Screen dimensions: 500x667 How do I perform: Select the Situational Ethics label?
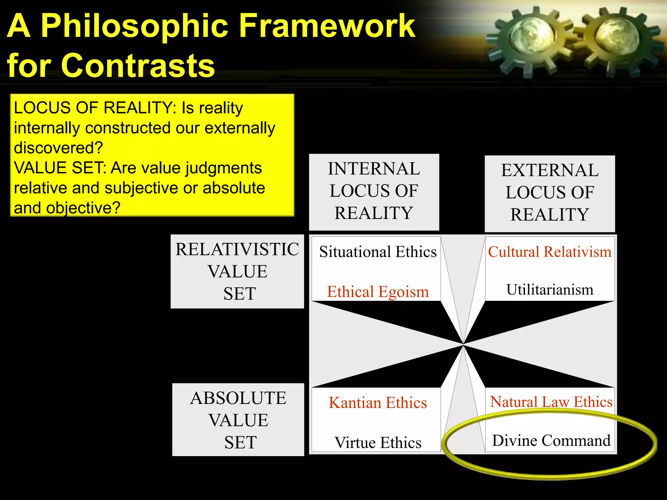(x=378, y=252)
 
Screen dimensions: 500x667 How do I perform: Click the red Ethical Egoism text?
(x=378, y=292)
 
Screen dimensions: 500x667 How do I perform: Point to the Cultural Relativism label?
(x=550, y=252)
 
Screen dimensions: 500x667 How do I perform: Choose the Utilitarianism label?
(x=550, y=289)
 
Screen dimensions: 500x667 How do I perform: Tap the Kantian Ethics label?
(x=378, y=403)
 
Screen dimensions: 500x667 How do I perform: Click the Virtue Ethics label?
(x=378, y=443)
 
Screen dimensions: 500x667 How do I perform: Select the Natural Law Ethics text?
(x=551, y=402)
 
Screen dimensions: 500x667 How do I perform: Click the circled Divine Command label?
(x=551, y=440)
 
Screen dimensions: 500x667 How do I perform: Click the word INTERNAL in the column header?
(x=374, y=169)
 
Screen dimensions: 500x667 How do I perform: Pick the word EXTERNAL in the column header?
(x=550, y=170)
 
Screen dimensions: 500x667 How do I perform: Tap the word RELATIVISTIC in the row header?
(x=237, y=249)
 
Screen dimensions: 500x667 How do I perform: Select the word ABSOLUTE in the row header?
(x=238, y=398)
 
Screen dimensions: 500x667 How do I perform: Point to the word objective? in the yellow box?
(x=83, y=208)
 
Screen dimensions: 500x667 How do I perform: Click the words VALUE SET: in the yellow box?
(x=60, y=168)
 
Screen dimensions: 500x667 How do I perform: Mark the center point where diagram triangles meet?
(x=463, y=344)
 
